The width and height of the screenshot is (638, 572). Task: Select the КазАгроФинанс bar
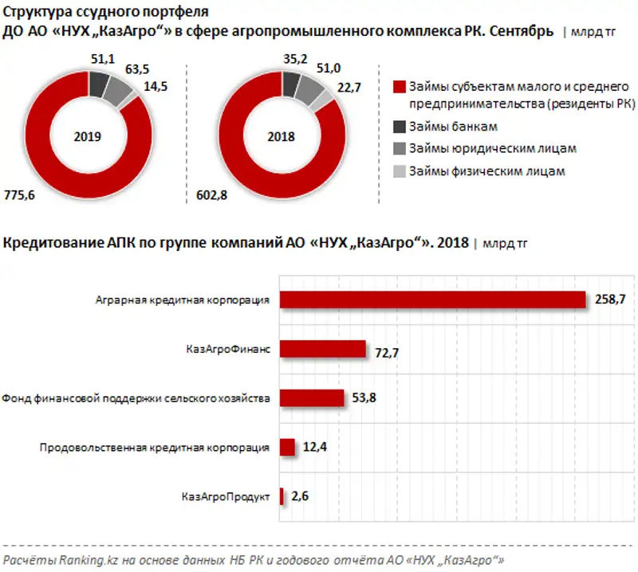322,349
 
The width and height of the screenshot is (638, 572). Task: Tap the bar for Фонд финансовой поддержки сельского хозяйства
311,398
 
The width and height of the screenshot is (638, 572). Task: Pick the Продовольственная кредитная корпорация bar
287,448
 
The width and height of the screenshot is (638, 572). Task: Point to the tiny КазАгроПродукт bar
282,497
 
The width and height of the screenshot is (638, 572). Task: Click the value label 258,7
612,300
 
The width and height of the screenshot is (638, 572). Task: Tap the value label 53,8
367,398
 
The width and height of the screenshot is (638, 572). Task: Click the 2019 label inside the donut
87,136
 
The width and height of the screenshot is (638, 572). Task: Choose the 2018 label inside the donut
281,136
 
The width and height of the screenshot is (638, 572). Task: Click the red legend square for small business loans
400,87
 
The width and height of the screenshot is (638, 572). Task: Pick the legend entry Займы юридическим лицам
491,148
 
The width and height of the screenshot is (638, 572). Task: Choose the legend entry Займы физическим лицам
486,170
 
